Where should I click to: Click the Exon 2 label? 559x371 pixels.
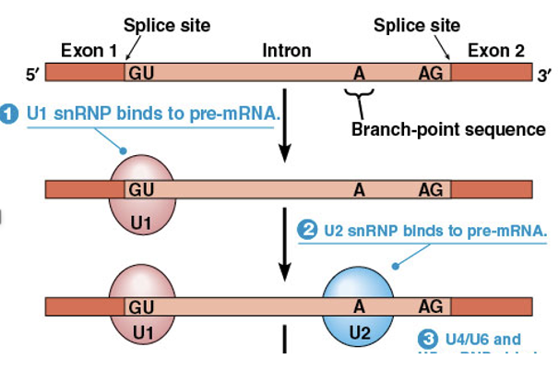point(495,50)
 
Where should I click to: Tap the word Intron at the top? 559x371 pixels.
point(286,51)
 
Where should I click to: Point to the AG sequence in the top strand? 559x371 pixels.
point(432,72)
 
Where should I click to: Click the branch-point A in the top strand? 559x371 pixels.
point(360,72)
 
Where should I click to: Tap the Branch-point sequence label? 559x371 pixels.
point(447,129)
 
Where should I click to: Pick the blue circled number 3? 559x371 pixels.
point(427,339)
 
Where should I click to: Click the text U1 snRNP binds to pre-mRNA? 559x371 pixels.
point(152,114)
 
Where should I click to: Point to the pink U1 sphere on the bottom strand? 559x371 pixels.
point(141,310)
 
